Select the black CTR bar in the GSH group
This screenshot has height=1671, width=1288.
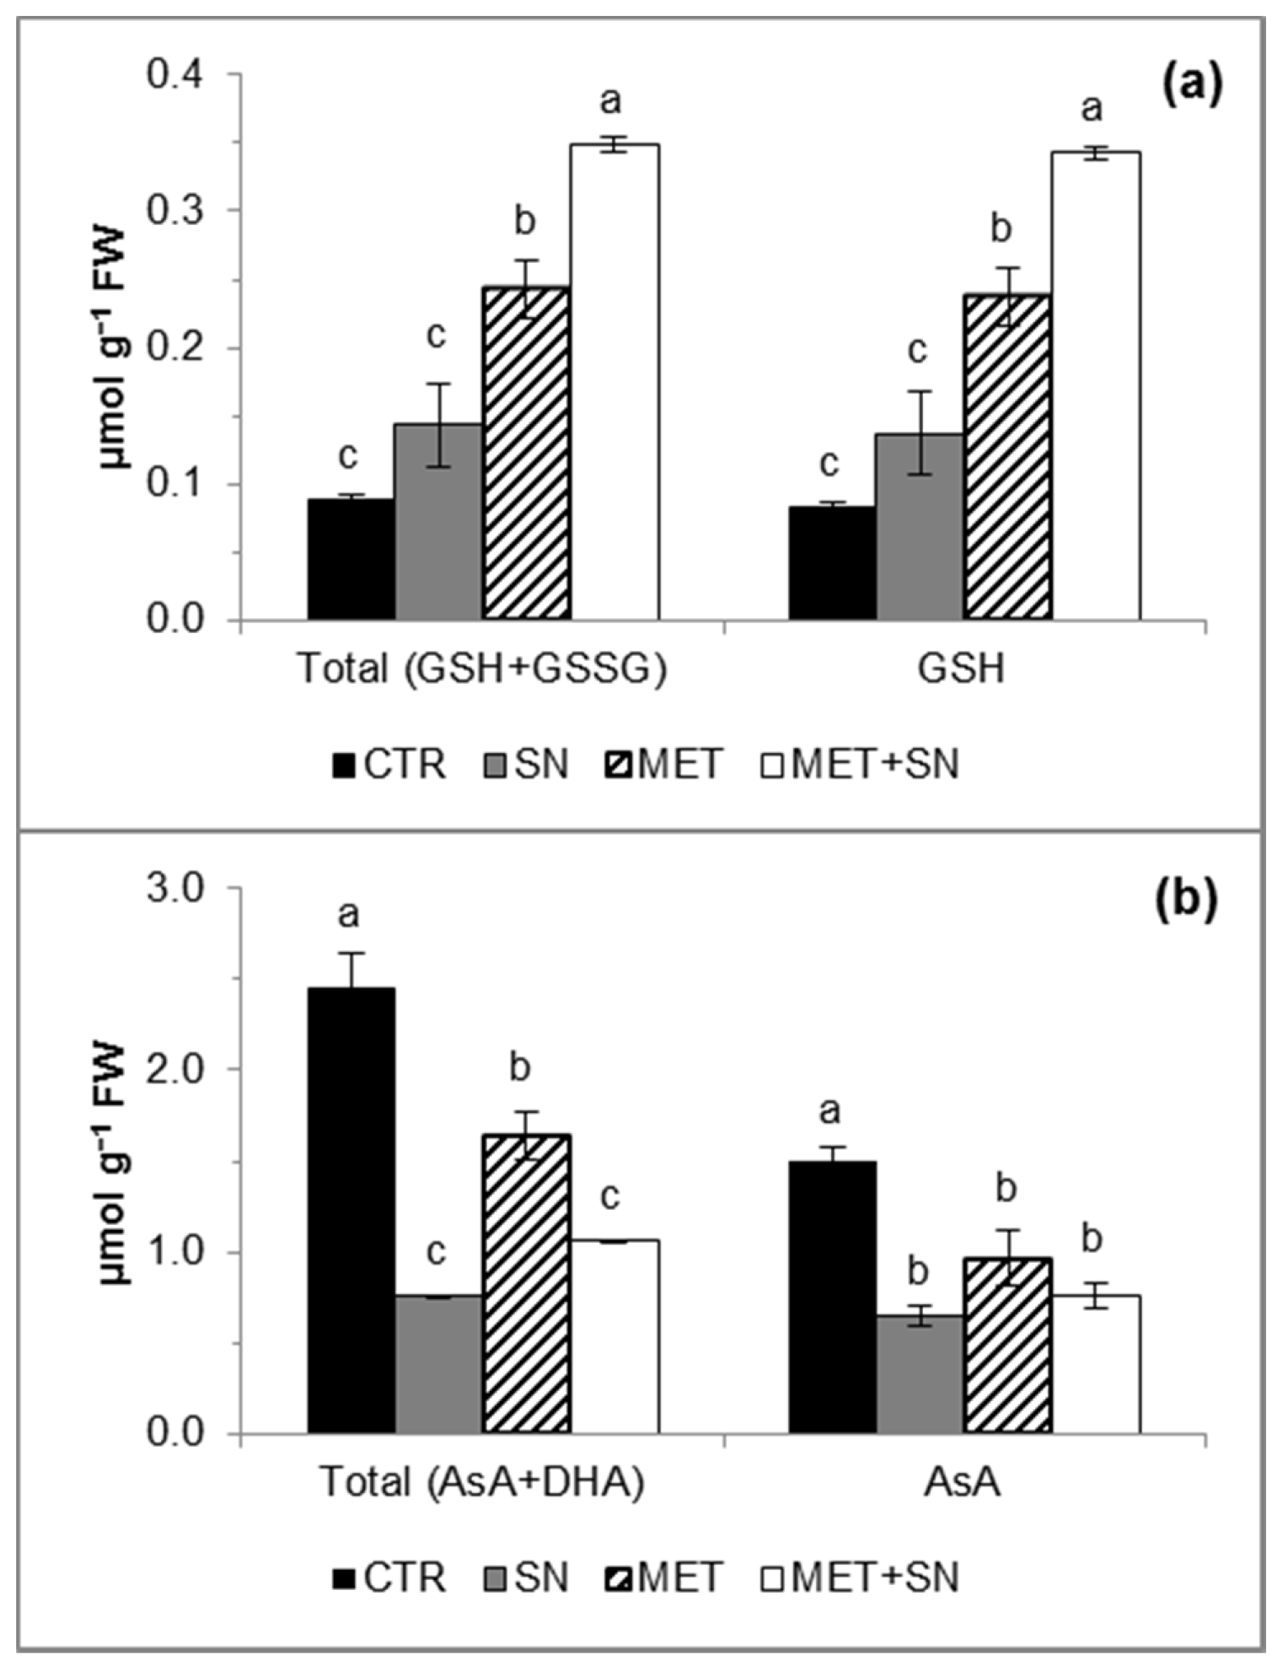pos(832,562)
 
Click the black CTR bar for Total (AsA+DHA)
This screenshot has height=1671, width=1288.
pos(352,1210)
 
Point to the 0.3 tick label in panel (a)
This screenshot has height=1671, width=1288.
pos(176,210)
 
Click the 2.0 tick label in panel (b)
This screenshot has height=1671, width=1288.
pos(176,1069)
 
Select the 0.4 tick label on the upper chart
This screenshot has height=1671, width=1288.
pos(176,74)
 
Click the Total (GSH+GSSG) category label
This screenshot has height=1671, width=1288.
pos(482,669)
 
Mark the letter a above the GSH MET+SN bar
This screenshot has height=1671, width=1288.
pos(1092,109)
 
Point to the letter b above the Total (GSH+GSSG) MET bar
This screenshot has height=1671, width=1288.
pos(525,222)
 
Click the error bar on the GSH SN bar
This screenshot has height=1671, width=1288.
pos(920,432)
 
